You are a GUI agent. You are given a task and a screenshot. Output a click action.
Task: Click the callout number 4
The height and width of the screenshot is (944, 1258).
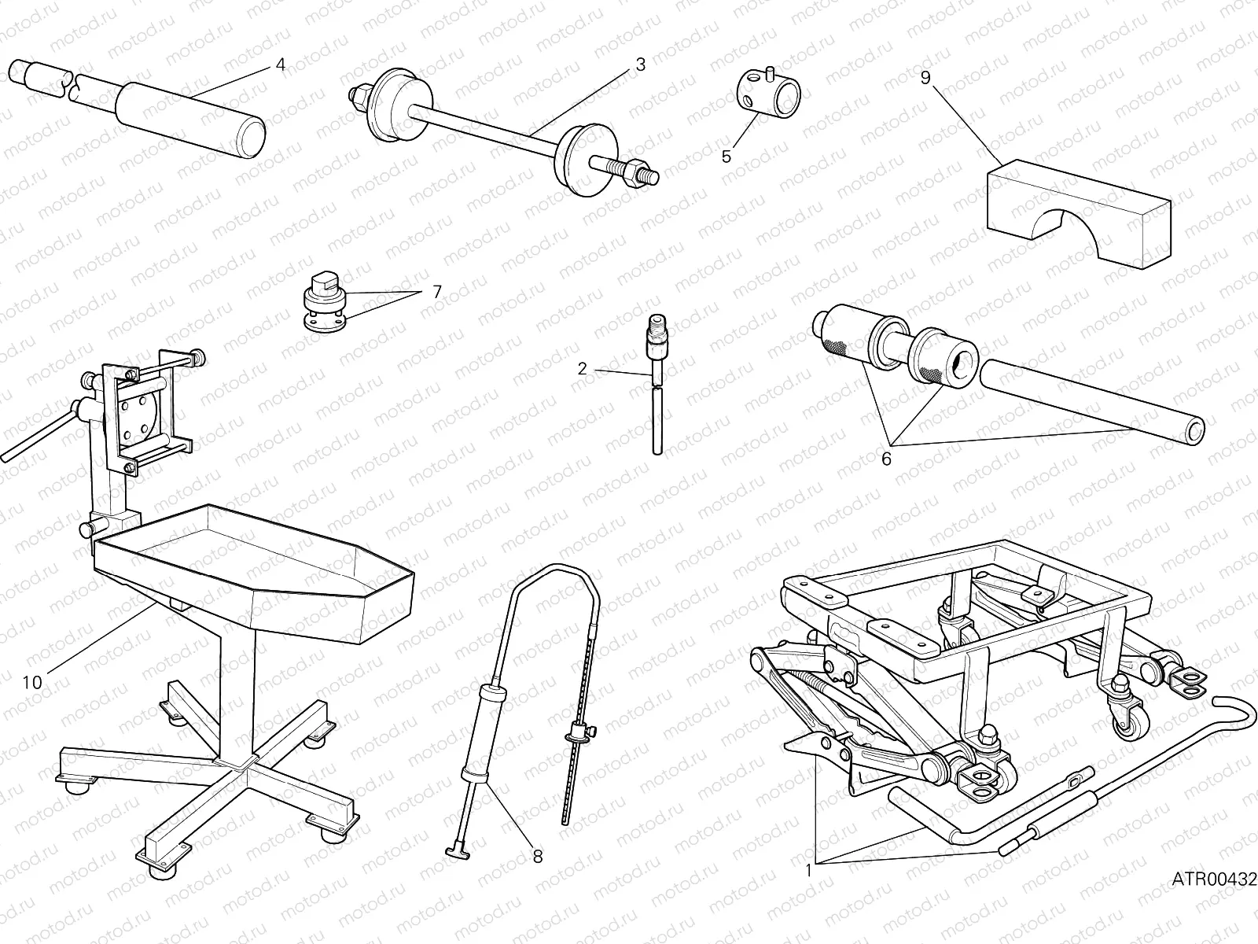pyautogui.click(x=281, y=65)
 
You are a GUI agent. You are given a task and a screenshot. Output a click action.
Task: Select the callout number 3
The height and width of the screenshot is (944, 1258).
pyautogui.click(x=640, y=65)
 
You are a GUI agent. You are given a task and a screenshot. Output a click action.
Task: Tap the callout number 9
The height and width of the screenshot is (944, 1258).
pyautogui.click(x=925, y=78)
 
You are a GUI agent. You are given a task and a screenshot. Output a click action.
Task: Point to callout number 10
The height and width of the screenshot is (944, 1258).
pyautogui.click(x=32, y=682)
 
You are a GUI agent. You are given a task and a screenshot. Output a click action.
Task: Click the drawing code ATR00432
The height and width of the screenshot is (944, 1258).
pyautogui.click(x=1216, y=878)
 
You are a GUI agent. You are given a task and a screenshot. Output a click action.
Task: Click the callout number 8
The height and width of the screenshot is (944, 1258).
pyautogui.click(x=538, y=857)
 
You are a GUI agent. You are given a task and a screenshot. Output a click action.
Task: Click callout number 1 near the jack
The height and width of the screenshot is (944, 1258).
pyautogui.click(x=809, y=870)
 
